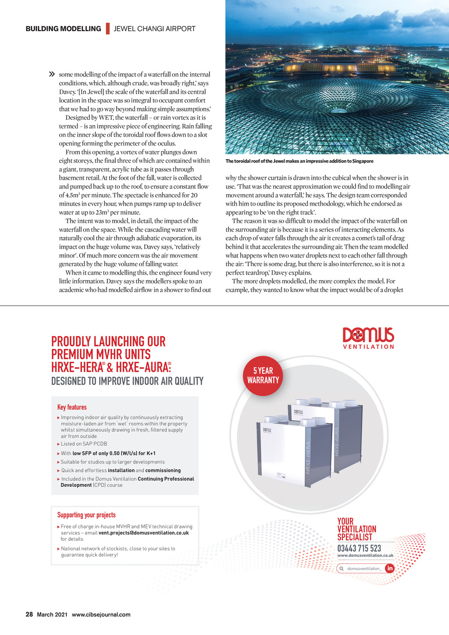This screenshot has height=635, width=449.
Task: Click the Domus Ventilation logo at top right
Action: click(x=368, y=338)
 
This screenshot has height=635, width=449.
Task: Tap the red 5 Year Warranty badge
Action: click(x=263, y=376)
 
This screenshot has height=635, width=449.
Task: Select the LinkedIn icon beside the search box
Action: click(x=389, y=568)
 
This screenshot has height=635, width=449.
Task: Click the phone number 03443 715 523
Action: click(x=359, y=548)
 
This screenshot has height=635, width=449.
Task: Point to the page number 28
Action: click(x=29, y=614)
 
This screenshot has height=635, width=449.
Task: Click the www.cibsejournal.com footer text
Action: click(x=101, y=614)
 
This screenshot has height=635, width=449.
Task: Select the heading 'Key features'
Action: click(x=72, y=407)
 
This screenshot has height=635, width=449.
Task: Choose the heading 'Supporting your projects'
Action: click(x=86, y=515)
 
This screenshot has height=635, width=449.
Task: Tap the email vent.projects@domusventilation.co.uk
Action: click(x=143, y=533)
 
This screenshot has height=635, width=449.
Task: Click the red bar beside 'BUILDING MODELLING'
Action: click(x=107, y=29)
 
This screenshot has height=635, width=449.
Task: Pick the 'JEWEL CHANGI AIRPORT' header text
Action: click(x=154, y=29)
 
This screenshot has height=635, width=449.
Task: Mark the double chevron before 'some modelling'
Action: click(x=52, y=74)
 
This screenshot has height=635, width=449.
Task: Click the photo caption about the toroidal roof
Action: click(x=299, y=161)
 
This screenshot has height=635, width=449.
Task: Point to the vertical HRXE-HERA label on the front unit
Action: click(x=308, y=458)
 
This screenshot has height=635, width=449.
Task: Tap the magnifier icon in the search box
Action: click(x=341, y=569)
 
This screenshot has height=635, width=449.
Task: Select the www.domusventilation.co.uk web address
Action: click(x=365, y=555)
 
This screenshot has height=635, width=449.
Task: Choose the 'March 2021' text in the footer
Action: click(x=52, y=614)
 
